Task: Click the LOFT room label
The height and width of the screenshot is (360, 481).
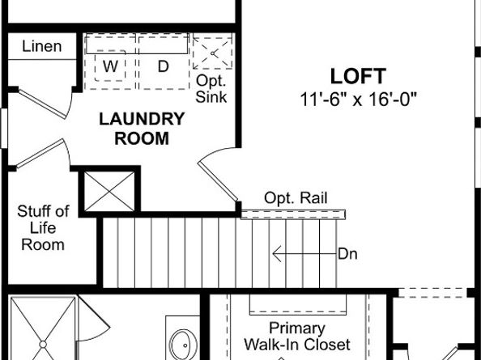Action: (358, 76)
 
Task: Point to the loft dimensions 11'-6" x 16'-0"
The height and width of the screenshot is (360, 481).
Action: (358, 100)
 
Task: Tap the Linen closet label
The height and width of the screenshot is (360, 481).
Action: (42, 46)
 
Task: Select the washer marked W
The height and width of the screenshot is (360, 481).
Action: (110, 66)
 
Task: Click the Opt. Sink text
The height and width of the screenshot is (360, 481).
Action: (211, 89)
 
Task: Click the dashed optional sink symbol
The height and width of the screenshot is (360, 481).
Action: (212, 53)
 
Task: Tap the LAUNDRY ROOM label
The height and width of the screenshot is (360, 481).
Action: (142, 129)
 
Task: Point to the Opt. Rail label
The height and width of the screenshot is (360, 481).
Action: (296, 198)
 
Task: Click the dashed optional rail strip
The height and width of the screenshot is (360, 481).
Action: (293, 214)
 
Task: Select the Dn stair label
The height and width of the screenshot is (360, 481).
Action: (347, 254)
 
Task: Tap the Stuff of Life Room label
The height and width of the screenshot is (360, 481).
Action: (43, 228)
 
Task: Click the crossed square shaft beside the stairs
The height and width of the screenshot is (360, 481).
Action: (109, 192)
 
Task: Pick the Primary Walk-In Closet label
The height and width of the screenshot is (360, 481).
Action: (297, 337)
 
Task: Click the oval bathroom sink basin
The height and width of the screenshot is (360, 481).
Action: (184, 345)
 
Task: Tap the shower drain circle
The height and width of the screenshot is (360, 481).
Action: (43, 345)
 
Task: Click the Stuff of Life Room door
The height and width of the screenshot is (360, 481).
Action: (43, 154)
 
